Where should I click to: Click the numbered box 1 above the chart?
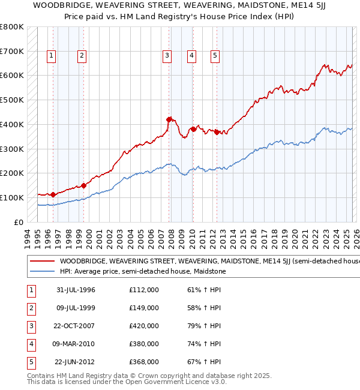52,56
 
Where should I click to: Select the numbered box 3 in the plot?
167,56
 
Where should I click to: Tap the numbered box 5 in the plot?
215,56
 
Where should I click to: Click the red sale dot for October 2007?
169,119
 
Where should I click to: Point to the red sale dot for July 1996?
53,194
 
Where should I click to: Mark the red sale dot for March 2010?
193,128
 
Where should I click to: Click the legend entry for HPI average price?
142,272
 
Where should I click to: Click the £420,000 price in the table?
144,326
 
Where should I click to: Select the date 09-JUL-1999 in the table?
76,308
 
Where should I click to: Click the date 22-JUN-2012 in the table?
76,362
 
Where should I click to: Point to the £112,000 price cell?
144,290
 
